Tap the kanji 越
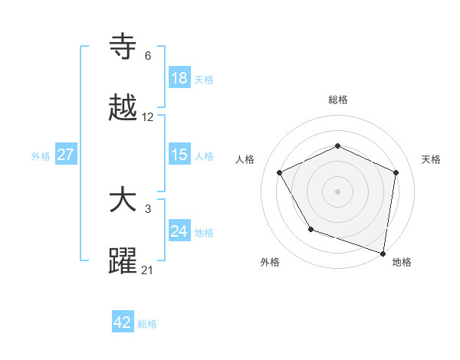pos(123,108)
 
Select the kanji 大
pos(123,201)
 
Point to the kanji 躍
pos(123,261)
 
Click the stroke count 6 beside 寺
pos(148,56)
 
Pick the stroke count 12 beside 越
pos(148,117)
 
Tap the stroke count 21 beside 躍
pos(148,270)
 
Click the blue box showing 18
pos(179,78)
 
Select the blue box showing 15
pos(179,155)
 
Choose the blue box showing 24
pos(179,231)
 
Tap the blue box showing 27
pos(66,155)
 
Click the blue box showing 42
pos(123,322)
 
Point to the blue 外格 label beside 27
pos(41,156)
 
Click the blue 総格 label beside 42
pos(147,324)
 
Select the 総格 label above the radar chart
pos(338,100)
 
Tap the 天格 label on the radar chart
pos(432,159)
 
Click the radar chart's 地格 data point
pos(383,253)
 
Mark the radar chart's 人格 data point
pos(280,172)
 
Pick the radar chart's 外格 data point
pos(310,229)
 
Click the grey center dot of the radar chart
pos(338,191)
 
